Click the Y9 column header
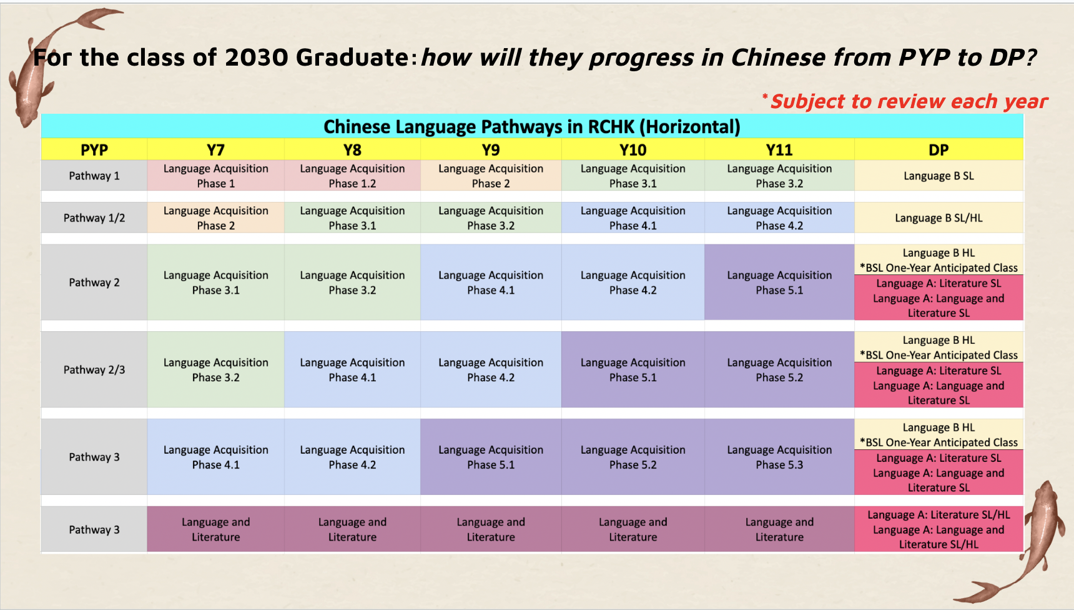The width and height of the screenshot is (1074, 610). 491,149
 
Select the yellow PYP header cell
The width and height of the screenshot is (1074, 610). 94,149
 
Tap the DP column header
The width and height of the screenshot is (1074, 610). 939,149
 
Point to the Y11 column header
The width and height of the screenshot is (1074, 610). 779,149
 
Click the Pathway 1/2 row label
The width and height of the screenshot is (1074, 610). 94,217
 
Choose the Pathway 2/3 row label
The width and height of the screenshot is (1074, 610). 94,369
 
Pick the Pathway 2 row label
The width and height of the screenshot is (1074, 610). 94,282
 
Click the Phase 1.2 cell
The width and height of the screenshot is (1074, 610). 352,176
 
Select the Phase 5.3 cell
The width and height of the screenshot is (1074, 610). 779,457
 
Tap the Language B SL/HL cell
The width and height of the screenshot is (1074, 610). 939,217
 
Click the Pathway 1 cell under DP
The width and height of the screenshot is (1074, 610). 939,176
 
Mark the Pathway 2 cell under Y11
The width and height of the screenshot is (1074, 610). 779,282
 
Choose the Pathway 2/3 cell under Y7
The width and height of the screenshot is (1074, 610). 216,369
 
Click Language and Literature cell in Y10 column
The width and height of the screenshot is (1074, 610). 633,529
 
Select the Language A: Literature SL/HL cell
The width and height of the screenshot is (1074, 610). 939,529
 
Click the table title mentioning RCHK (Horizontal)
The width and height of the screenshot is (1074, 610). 532,126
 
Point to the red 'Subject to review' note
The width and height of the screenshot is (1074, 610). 905,101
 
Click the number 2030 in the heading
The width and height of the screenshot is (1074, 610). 257,57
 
